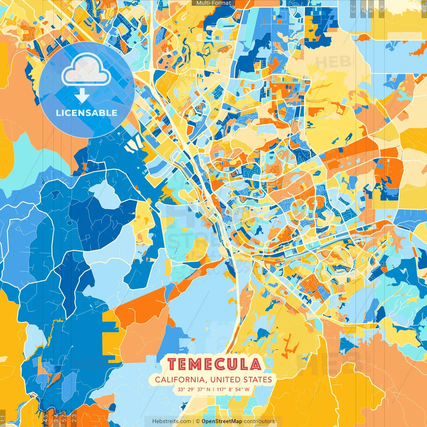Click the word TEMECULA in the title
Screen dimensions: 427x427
[214, 364]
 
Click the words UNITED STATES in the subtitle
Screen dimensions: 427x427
[241, 380]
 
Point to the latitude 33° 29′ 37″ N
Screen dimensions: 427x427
[194, 389]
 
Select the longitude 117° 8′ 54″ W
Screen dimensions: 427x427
[233, 389]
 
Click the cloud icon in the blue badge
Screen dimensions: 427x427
[86, 69]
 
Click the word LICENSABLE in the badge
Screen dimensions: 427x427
[87, 113]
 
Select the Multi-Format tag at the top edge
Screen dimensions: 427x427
[213, 3]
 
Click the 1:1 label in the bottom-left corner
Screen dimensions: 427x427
[3, 418]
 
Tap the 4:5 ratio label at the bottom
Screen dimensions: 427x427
[46, 418]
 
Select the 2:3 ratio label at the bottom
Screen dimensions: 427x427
[74, 418]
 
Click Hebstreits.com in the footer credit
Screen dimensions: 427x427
[171, 421]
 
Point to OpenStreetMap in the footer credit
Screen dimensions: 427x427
[222, 421]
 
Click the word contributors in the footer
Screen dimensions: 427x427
[259, 421]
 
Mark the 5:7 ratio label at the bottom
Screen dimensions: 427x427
[64, 418]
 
